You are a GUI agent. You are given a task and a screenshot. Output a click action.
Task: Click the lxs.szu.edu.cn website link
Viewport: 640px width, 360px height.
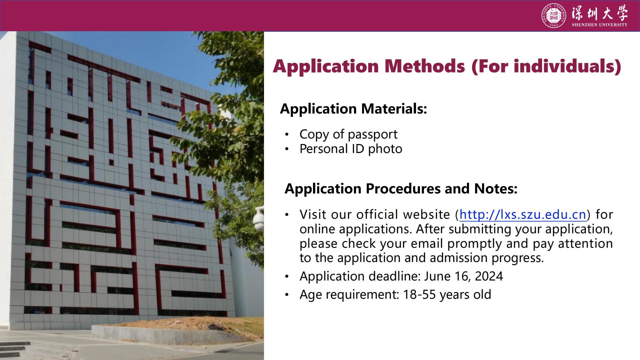pos(523,215)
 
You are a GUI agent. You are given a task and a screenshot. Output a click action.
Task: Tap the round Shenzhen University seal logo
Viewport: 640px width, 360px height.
pos(554,15)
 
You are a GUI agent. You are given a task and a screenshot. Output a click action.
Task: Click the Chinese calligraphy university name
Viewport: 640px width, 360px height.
pos(600,13)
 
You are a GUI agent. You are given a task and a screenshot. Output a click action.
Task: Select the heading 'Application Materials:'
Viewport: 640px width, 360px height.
pos(353,109)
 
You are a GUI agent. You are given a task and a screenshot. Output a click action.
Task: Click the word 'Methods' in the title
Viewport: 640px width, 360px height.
pos(424,66)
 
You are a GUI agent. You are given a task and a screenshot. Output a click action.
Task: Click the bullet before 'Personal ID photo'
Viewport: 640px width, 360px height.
pos(287,149)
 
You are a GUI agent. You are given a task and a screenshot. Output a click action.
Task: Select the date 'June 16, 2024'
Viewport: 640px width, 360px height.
pos(463,276)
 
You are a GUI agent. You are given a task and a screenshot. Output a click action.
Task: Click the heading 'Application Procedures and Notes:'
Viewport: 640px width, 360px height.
pos(401,189)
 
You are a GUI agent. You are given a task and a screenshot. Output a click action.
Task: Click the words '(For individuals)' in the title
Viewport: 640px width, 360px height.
pos(546,66)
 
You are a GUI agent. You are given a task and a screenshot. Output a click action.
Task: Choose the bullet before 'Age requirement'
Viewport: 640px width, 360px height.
pos(287,295)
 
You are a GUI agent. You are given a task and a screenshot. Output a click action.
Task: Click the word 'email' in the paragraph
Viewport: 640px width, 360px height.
pos(427,244)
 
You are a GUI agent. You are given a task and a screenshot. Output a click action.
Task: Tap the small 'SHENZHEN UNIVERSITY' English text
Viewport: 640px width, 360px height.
pos(600,25)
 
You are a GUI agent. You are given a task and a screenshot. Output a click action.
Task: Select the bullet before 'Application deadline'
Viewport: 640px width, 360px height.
pos(287,277)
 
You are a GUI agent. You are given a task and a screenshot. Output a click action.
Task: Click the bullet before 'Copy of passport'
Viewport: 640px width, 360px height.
pos(287,135)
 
